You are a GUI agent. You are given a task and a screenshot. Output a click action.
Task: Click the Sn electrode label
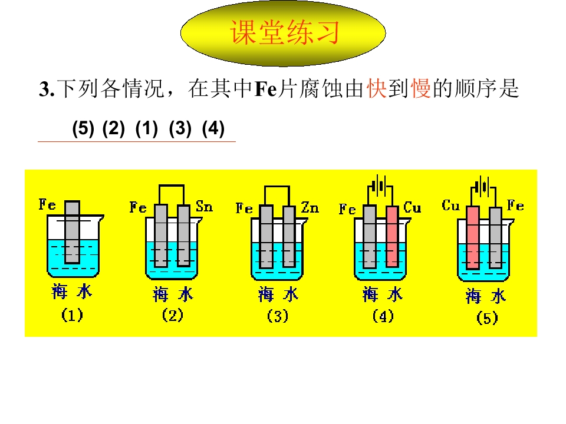[205, 206]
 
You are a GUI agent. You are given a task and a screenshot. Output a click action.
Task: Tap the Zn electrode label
[310, 207]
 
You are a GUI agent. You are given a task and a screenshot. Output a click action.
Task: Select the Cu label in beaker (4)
[412, 207]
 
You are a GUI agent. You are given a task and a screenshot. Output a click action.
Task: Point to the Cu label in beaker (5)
[451, 206]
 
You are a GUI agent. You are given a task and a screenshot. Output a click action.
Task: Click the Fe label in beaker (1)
[47, 204]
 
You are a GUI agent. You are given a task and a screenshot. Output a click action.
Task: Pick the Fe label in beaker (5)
[515, 206]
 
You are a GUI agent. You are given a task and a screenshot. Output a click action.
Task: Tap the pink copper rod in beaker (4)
[393, 237]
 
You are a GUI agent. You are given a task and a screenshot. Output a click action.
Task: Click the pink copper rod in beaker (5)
[472, 238]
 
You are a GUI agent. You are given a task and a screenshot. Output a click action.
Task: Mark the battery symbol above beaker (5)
[483, 187]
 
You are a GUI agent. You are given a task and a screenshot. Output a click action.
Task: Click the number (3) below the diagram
[278, 316]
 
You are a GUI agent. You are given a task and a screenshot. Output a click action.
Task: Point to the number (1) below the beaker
[72, 314]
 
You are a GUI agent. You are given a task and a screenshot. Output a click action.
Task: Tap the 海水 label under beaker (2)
[173, 294]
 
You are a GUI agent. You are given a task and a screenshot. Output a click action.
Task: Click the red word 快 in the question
[377, 88]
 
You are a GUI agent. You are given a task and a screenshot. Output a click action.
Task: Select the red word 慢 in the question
[421, 88]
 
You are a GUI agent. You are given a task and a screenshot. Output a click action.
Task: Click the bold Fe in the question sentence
[266, 89]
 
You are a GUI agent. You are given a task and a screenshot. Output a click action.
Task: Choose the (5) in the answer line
[83, 128]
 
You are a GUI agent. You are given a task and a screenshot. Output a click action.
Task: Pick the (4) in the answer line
[213, 128]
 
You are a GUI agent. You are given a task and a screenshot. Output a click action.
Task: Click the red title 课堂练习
[284, 32]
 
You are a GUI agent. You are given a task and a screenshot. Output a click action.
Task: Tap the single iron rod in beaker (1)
[72, 232]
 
